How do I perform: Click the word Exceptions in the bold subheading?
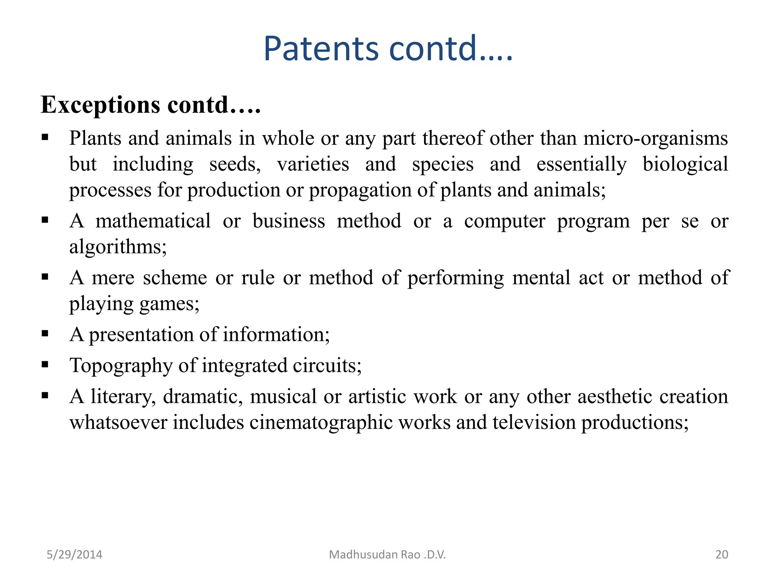100,105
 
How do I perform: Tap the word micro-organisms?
655,138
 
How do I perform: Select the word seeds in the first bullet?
235,164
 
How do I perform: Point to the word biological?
685,164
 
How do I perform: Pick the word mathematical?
153,221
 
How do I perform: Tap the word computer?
504,221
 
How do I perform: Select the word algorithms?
118,247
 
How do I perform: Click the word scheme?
175,278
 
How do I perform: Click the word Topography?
121,366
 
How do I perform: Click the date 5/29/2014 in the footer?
74,555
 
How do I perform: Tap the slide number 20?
722,555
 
